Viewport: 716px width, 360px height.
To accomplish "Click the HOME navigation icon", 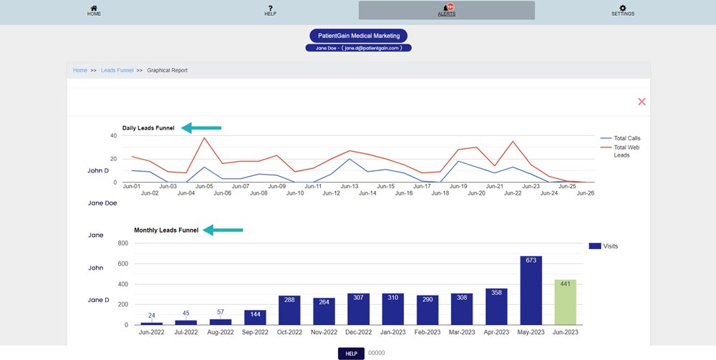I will click(94, 8).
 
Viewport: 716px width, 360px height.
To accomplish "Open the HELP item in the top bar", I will click(271, 8).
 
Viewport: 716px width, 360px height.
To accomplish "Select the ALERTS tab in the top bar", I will click(447, 10).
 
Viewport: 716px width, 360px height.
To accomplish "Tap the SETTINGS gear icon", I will click(622, 8).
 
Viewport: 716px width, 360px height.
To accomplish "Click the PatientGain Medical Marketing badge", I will click(359, 36).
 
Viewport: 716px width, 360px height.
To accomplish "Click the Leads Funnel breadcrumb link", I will click(117, 70).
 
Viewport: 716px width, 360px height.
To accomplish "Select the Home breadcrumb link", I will click(80, 70).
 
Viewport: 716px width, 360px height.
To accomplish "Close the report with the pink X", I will click(642, 102).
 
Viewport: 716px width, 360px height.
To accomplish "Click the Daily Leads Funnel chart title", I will click(148, 128).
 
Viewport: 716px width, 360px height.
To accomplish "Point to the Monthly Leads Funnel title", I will click(166, 230).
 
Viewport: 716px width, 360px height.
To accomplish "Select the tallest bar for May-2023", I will click(531, 290).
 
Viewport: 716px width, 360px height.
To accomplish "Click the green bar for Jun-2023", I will click(566, 302).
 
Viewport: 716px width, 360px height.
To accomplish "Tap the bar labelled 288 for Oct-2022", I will click(289, 310).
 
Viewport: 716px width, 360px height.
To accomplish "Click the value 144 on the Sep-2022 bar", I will click(255, 314).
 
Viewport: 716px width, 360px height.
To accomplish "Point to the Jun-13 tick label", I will click(349, 186).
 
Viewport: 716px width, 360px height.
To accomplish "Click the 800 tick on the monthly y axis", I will click(122, 243).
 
